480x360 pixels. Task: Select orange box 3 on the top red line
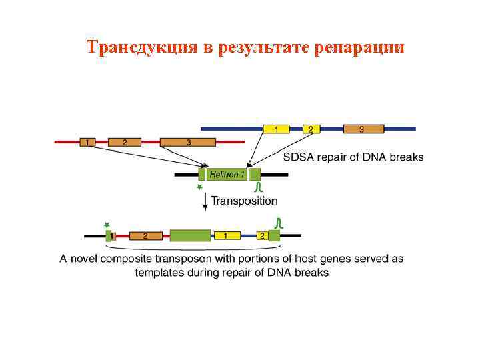[188, 142]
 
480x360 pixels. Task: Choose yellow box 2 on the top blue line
[311, 128]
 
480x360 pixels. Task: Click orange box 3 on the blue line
[363, 128]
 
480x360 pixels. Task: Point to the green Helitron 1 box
[225, 175]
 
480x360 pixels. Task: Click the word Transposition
[245, 200]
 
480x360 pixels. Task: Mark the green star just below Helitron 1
[199, 189]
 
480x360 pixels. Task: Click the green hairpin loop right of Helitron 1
[259, 187]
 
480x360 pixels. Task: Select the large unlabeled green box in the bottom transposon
[190, 235]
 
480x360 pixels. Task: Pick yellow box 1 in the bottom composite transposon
[227, 235]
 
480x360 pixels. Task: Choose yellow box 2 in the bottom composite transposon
[262, 235]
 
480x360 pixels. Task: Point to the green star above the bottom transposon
[107, 225]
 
